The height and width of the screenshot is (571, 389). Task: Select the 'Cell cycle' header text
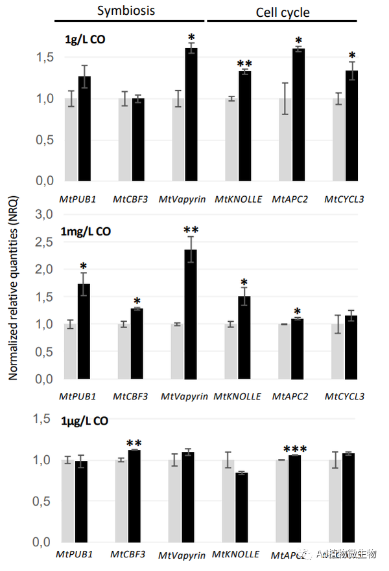(282, 12)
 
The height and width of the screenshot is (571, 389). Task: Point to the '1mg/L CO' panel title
(88, 232)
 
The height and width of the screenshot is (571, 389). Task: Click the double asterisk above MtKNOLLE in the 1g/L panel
(244, 63)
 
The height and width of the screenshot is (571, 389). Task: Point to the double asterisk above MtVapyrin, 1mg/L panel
(191, 230)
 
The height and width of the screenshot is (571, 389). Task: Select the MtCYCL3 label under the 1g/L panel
(344, 199)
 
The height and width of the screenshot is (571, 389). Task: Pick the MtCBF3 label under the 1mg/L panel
(130, 396)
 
